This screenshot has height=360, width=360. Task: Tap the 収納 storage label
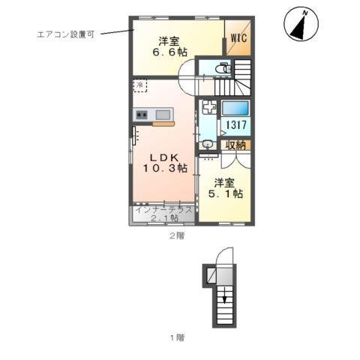[x=235, y=145]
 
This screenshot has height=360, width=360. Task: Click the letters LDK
[x=161, y=157]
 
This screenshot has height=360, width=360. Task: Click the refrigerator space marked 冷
[x=140, y=86]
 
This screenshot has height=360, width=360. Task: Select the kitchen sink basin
[x=163, y=114]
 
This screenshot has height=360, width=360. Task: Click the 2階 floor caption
[x=175, y=235]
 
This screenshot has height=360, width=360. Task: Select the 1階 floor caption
[x=175, y=337]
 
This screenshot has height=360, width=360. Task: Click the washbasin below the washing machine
[x=206, y=143]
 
